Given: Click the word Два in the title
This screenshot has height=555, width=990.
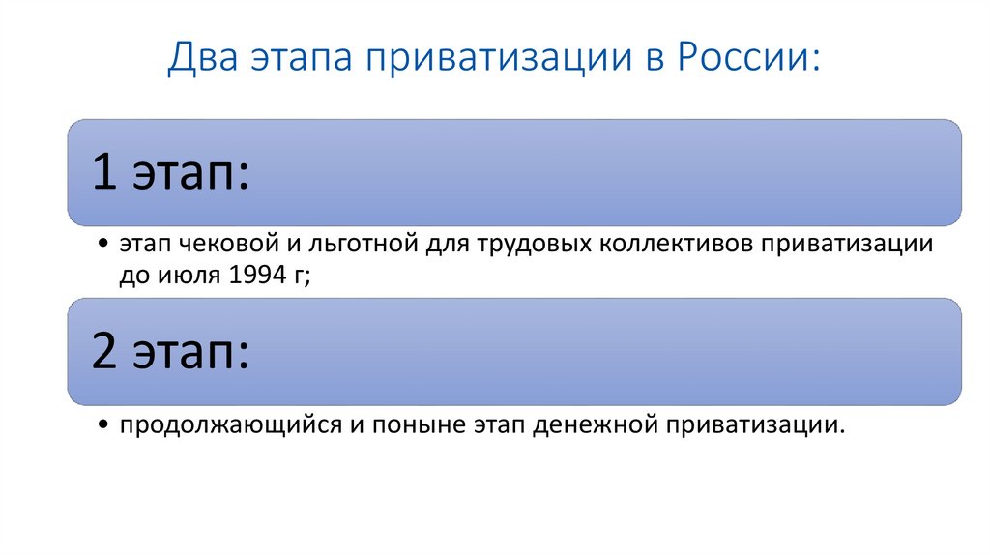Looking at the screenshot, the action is [x=203, y=57].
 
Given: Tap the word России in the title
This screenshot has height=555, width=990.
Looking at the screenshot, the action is [x=748, y=57].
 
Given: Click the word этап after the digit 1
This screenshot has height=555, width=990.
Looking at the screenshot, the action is [x=190, y=174].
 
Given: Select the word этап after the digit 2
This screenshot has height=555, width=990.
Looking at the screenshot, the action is [x=190, y=353].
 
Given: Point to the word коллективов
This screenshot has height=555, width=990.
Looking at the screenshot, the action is [x=676, y=244].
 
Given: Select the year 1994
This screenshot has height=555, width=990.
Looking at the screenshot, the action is [x=257, y=275].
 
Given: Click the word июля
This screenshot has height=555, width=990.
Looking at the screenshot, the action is [x=189, y=276].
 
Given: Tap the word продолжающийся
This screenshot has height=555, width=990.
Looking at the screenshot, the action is [x=231, y=424].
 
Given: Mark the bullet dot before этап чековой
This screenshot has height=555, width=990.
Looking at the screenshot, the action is [x=103, y=244].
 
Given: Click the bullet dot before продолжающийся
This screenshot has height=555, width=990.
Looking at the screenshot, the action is [x=103, y=424].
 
